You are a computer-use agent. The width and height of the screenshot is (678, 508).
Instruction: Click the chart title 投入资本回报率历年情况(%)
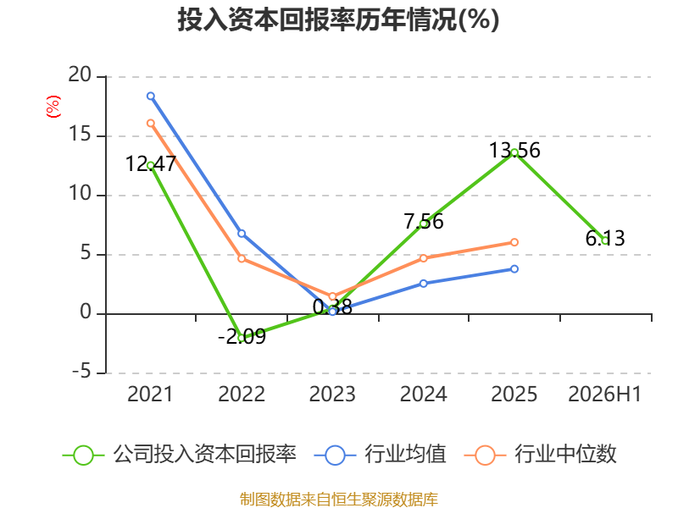pyautogui.click(x=338, y=19)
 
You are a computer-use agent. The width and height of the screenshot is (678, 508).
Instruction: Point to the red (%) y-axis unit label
pyautogui.click(x=53, y=107)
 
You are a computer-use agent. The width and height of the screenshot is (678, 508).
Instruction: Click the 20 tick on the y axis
pyautogui.click(x=80, y=75)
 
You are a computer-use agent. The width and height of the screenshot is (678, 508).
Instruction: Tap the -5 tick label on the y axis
pyautogui.click(x=81, y=372)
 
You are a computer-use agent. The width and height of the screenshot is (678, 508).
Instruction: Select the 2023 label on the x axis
pyautogui.click(x=332, y=394)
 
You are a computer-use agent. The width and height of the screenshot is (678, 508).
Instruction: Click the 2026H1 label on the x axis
pyautogui.click(x=604, y=394)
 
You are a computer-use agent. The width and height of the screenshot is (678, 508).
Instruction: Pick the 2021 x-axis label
pyautogui.click(x=150, y=394)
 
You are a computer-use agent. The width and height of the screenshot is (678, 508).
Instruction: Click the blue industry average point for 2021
pyautogui.click(x=151, y=96)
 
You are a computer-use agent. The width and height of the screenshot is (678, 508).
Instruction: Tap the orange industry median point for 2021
pyautogui.click(x=151, y=123)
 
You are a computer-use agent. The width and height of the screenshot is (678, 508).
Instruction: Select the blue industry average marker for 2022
pyautogui.click(x=242, y=234)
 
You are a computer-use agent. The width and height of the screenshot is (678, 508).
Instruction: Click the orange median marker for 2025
pyautogui.click(x=514, y=242)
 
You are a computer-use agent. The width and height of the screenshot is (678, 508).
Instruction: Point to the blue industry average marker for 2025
pyautogui.click(x=514, y=269)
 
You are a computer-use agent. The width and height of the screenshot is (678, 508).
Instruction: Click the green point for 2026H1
pyautogui.click(x=605, y=241)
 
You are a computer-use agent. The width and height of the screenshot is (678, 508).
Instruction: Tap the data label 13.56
pyautogui.click(x=514, y=151)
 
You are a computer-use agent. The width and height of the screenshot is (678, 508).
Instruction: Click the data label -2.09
pyautogui.click(x=242, y=336)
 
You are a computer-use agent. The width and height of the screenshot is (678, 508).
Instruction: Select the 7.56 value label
pyautogui.click(x=424, y=221)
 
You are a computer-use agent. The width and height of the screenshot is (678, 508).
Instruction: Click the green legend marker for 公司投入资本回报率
pyautogui.click(x=83, y=456)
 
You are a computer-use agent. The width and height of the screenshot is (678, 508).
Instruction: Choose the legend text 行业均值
pyautogui.click(x=405, y=455)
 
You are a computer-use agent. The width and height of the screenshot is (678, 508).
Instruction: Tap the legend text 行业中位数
pyautogui.click(x=565, y=455)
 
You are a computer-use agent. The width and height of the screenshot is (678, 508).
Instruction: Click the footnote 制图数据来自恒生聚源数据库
pyautogui.click(x=338, y=500)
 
